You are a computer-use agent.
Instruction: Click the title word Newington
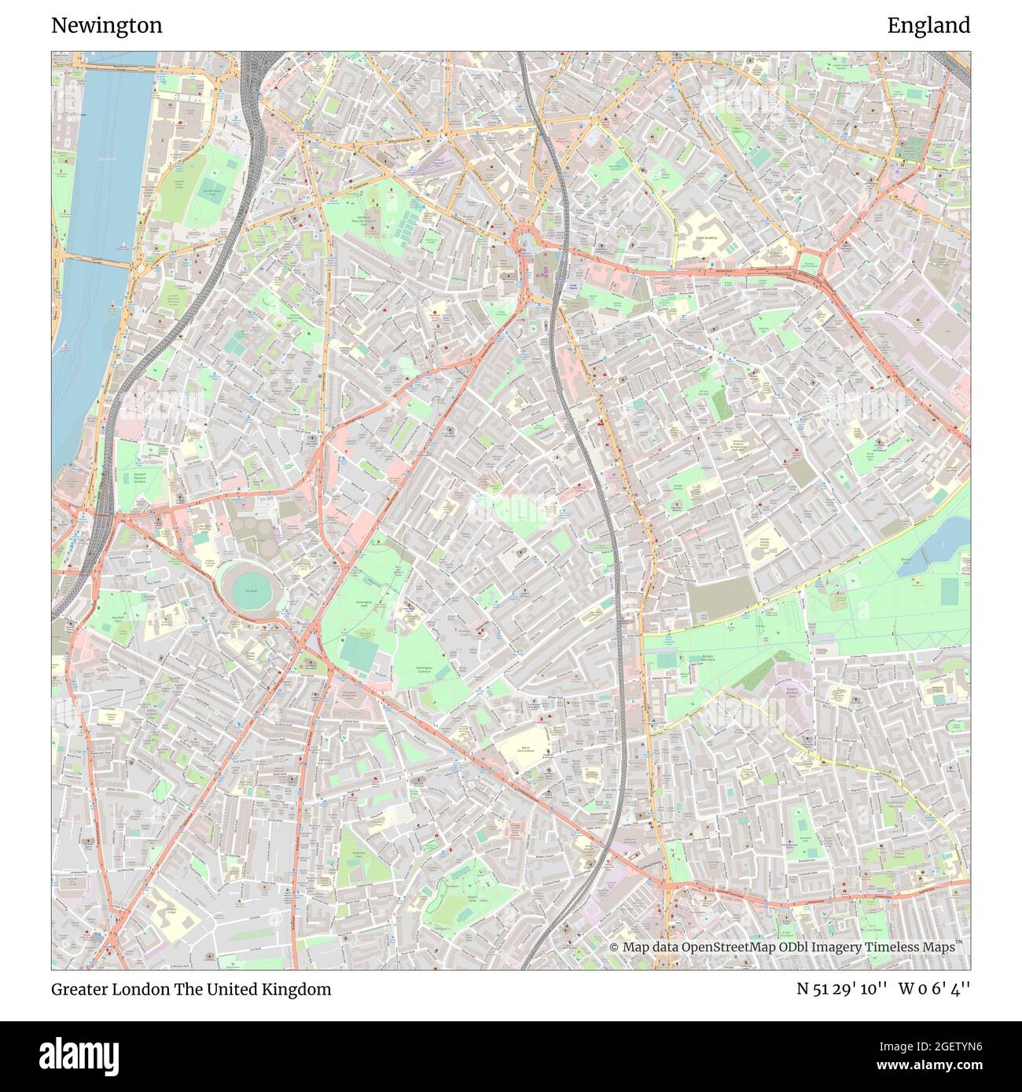click(x=107, y=26)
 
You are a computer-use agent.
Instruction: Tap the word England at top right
click(x=928, y=26)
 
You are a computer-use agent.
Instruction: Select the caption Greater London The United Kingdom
click(x=191, y=989)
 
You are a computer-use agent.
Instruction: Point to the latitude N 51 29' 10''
click(x=842, y=989)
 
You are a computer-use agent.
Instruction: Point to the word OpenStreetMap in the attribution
click(x=727, y=947)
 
